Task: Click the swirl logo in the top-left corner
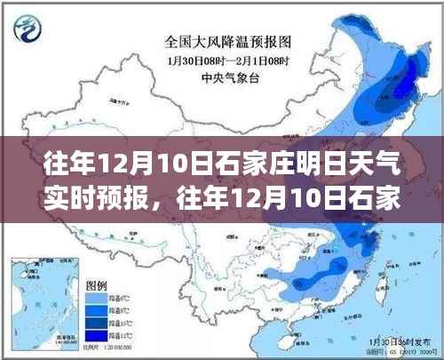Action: point(28,29)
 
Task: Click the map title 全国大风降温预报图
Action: point(223,40)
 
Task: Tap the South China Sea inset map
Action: point(41,298)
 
